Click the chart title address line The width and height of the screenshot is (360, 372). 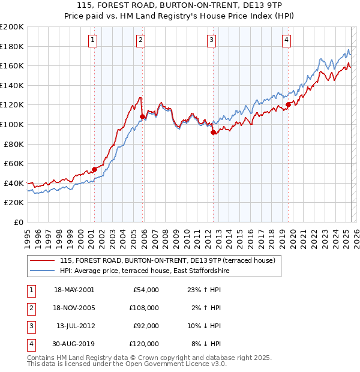179,6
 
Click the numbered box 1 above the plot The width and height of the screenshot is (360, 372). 94,40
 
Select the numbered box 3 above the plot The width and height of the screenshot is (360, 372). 212,40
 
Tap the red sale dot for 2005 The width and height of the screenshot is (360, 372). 142,116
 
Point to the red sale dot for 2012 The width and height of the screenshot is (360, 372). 213,133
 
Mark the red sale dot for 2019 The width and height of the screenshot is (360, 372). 288,104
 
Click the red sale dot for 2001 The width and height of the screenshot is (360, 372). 94,169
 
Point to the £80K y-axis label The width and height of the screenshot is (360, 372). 14,144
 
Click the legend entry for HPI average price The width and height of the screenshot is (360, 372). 144,271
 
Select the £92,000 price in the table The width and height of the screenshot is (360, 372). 146,326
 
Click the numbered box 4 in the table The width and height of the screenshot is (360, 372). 31,344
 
